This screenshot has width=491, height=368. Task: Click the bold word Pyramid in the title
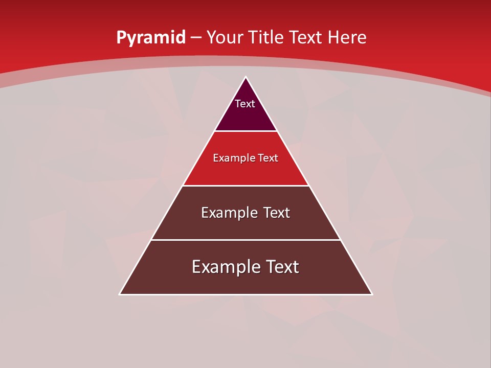[x=151, y=38]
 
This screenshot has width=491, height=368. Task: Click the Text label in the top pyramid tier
[x=245, y=104]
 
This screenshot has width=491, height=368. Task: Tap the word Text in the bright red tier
[x=268, y=158]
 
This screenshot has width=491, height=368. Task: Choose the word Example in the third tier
[x=228, y=213]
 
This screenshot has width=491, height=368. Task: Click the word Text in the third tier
[x=277, y=213]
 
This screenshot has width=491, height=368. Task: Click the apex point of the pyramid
[x=246, y=77]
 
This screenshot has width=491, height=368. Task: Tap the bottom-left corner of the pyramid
[x=120, y=294]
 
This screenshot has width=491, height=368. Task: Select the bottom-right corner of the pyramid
[x=372, y=294]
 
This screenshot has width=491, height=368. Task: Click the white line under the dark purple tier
[x=246, y=131]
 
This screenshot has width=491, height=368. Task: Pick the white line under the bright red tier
[x=246, y=186]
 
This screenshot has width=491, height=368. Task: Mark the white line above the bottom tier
[x=246, y=240]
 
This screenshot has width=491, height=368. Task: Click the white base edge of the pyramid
[x=246, y=294]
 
